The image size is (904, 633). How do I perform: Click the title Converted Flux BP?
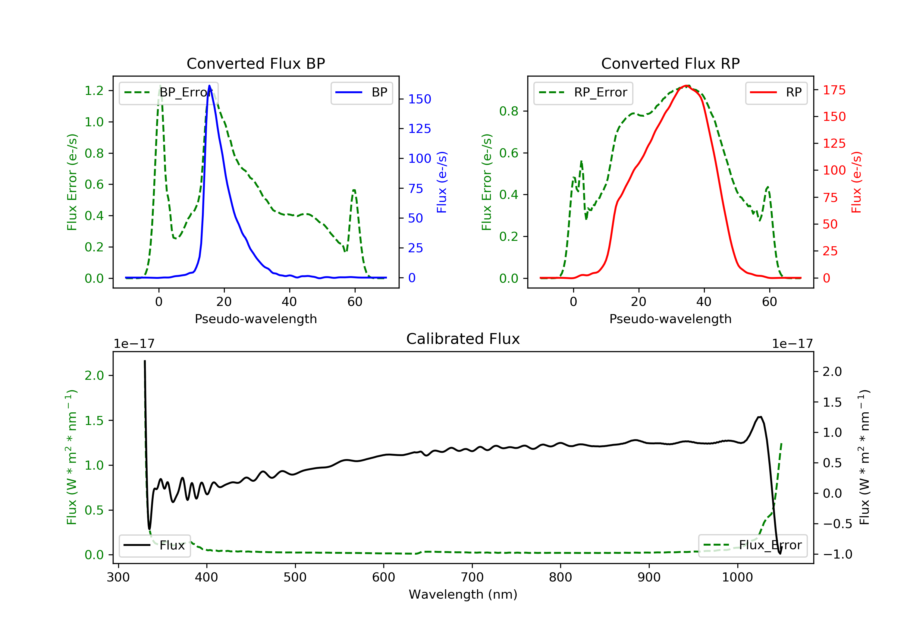[256, 63]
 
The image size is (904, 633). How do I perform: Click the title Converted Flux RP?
[670, 63]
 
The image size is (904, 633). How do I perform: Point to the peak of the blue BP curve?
[209, 86]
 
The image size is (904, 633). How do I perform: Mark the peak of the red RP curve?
[686, 86]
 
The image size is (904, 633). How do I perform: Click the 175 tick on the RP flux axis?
[834, 90]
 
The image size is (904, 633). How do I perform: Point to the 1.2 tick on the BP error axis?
[94, 91]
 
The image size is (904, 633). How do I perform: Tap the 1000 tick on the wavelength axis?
[737, 578]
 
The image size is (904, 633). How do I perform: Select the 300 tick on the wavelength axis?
[118, 578]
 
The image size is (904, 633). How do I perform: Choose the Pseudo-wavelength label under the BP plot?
[256, 319]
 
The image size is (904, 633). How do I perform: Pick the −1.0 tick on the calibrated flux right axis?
[837, 554]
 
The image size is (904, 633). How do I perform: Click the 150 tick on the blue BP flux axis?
[419, 99]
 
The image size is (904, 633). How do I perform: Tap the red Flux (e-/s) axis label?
[856, 182]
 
